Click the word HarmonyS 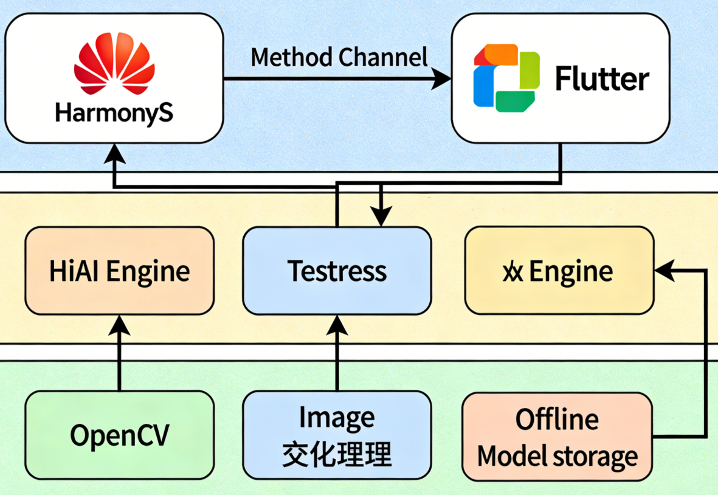(114, 113)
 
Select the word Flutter (602, 80)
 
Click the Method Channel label (339, 57)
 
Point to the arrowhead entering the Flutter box (442, 78)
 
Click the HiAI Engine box (119, 271)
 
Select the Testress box (337, 271)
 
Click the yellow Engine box (559, 271)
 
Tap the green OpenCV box (119, 435)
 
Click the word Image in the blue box (337, 419)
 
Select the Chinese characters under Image (337, 454)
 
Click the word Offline (557, 420)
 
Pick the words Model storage (557, 455)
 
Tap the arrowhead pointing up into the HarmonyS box (114, 153)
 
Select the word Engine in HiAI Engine (148, 271)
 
